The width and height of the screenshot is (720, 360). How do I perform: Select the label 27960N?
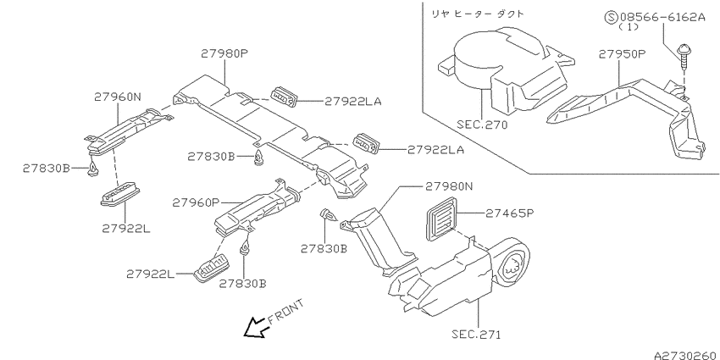[x=119, y=97]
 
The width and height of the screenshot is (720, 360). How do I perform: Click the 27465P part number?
[x=510, y=213]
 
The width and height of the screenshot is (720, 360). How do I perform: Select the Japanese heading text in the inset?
[x=478, y=14]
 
